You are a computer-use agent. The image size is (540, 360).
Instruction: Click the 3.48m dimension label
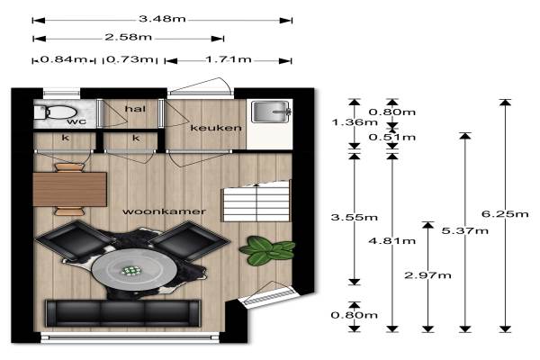(162, 19)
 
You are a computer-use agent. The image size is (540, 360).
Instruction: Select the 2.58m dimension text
(129, 37)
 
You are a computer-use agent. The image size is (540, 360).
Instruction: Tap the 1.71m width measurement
(229, 59)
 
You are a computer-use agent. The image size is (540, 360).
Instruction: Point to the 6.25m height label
(505, 214)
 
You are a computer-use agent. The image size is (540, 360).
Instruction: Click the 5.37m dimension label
(465, 230)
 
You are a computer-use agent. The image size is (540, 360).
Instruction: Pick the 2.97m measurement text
(427, 275)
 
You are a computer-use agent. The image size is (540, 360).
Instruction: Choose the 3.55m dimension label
(354, 218)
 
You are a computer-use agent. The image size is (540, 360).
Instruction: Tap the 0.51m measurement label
(391, 138)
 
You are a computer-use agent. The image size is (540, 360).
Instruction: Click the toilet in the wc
(55, 112)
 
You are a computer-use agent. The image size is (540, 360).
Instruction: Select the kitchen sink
(272, 112)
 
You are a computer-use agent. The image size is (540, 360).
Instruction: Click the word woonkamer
(164, 211)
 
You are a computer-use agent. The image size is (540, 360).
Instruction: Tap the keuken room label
(216, 128)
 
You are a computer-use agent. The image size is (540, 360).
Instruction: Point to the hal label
(135, 109)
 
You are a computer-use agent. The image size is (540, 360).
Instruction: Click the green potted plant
(267, 250)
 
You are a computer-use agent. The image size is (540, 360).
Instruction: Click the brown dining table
(70, 189)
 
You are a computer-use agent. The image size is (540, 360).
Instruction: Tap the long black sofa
(123, 313)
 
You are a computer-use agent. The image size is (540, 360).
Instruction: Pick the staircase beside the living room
(256, 202)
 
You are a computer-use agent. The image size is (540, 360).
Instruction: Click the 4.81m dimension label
(391, 240)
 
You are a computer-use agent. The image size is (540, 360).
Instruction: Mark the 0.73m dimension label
(130, 59)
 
